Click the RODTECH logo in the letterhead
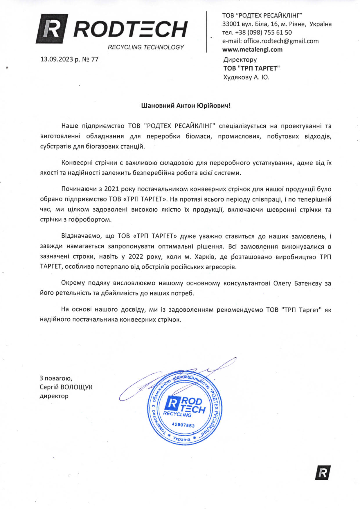tap(112, 29)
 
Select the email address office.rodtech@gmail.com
tap(281, 41)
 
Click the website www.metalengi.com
tap(252, 49)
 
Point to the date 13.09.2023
tap(57, 59)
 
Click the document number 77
tap(95, 59)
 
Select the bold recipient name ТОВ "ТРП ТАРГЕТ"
tap(251, 68)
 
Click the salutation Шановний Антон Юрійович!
tap(186, 105)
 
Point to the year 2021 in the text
tap(111, 189)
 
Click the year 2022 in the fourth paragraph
tap(136, 257)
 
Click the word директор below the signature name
tap(54, 396)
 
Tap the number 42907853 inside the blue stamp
tap(183, 425)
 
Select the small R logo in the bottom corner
tap(323, 473)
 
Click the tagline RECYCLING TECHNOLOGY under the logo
tap(146, 47)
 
